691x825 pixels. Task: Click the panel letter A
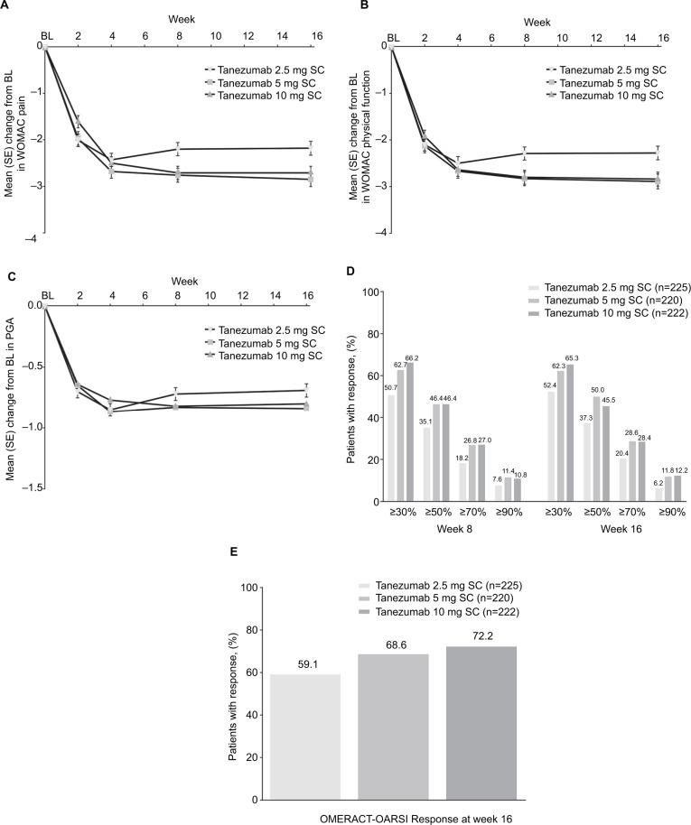click(9, 5)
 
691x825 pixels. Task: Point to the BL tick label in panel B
click(394, 37)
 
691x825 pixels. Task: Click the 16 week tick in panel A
click(311, 37)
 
